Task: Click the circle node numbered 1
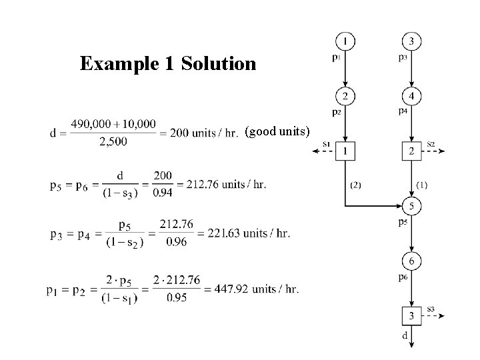click(345, 42)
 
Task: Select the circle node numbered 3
click(411, 42)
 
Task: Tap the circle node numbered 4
click(411, 97)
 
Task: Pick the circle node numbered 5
click(411, 205)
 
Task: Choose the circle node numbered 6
click(411, 259)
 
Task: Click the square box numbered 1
click(345, 151)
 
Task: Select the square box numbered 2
click(411, 151)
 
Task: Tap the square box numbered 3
click(411, 314)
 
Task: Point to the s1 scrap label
click(327, 144)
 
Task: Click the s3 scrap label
click(431, 308)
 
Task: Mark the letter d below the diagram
click(405, 336)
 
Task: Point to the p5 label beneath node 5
click(403, 221)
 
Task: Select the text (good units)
click(277, 131)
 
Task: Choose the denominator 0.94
click(161, 193)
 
